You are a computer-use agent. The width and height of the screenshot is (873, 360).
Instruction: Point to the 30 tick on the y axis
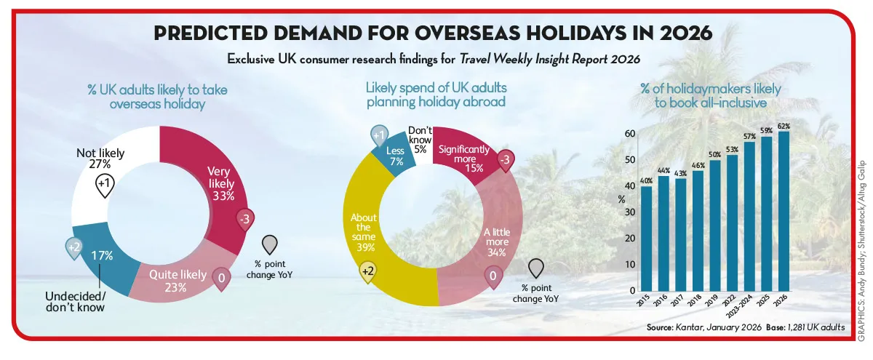(x=630, y=212)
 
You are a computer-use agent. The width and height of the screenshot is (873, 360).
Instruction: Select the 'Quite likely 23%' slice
(x=188, y=279)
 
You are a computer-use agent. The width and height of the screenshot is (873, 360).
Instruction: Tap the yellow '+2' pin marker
(x=370, y=273)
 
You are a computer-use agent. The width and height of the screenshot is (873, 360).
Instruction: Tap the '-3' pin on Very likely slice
(x=244, y=217)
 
